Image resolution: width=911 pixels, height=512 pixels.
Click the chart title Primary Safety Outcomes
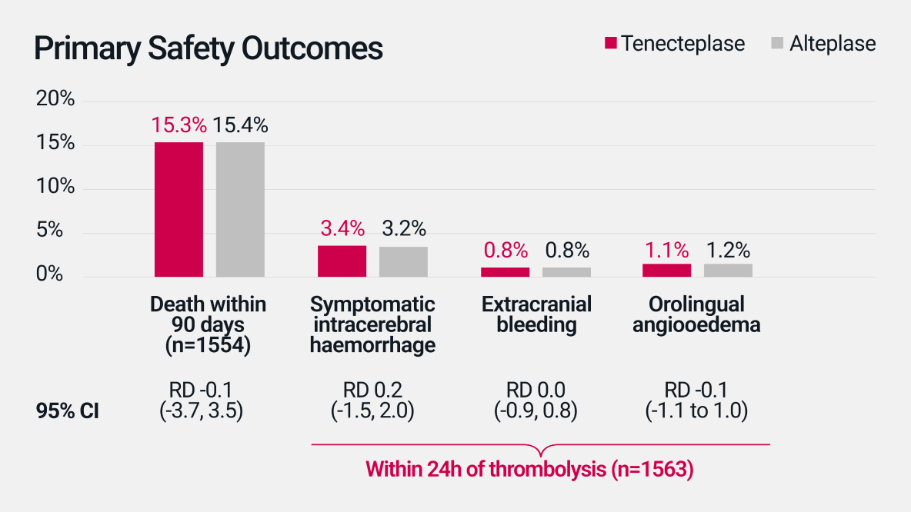208,48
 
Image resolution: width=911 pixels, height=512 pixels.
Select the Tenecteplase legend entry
675,43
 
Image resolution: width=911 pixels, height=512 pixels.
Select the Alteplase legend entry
823,43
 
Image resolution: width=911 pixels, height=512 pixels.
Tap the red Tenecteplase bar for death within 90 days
179,209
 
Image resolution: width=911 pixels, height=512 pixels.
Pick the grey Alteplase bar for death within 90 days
240,209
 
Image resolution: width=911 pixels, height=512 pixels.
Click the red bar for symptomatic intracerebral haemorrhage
342,261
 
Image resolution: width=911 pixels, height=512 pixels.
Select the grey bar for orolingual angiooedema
728,270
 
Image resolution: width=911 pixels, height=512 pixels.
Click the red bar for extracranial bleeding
505,272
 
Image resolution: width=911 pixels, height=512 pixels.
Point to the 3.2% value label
403,228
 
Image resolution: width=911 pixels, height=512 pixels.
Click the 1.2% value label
728,250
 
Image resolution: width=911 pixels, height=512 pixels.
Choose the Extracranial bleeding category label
536,314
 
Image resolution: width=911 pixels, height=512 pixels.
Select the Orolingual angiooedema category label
696,314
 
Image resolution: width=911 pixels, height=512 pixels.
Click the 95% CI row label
68,412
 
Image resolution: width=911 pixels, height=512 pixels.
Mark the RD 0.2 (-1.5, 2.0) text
373,401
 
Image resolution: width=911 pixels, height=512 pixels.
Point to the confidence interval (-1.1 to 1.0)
696,412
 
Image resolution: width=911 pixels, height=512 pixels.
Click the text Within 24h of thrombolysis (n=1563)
529,469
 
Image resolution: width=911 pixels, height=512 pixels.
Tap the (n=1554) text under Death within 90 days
208,345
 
